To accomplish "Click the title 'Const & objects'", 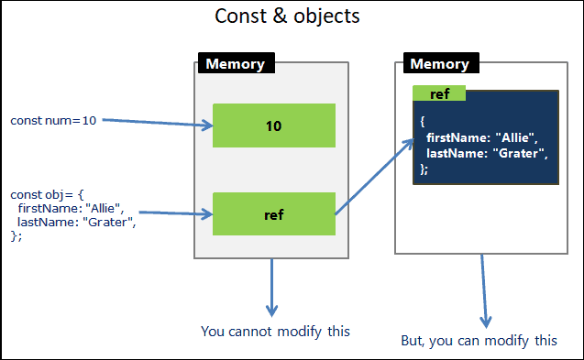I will point(286,16).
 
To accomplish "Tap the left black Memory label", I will point(236,64).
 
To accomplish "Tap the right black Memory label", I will point(440,64).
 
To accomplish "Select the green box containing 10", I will point(273,125).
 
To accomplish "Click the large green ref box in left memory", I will point(273,215).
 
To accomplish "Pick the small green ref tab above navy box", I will point(438,93).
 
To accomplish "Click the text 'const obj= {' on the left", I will point(47,194).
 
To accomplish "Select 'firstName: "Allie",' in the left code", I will point(70,208).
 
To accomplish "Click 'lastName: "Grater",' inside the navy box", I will point(486,154).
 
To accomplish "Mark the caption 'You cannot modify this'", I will point(275,331).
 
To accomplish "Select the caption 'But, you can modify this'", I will point(479,340).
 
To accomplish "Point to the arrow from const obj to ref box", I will point(174,213).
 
